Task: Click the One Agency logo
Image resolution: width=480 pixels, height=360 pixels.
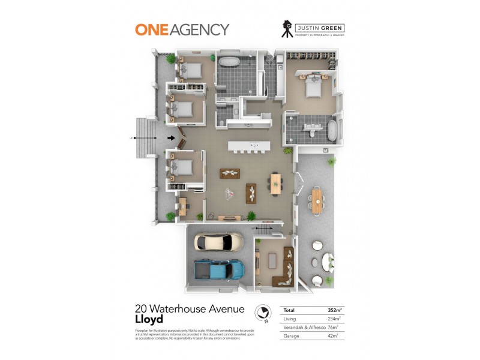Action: point(182,29)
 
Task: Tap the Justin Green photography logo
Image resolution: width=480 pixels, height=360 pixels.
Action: point(313,29)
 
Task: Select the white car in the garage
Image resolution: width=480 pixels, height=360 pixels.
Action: point(218,242)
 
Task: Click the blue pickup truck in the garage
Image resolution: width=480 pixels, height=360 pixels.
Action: point(219,269)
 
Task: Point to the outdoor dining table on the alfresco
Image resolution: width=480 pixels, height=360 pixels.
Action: point(316,200)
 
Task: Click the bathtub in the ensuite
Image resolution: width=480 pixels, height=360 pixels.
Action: point(332,128)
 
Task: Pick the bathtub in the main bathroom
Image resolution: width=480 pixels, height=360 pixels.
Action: point(228,62)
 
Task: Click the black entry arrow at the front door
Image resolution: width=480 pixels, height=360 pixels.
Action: point(171,138)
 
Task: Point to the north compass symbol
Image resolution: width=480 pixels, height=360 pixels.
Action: point(262,313)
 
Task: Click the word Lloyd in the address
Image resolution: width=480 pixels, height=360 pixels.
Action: point(149,320)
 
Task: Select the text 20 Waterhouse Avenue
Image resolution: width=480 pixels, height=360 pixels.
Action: point(190,310)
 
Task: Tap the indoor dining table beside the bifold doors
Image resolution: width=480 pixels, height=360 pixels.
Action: point(275,182)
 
